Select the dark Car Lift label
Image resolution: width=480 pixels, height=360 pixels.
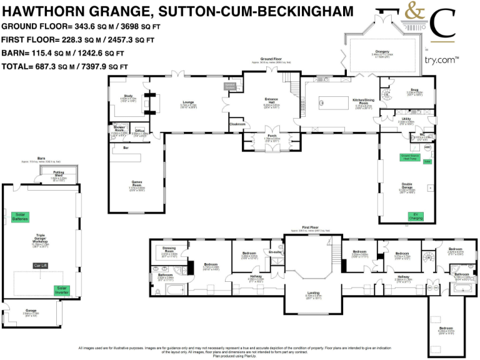(41, 265)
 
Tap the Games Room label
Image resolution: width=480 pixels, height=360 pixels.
(136, 184)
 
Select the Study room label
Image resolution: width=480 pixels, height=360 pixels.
(127, 96)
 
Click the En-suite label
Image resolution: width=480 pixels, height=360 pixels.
(275, 252)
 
